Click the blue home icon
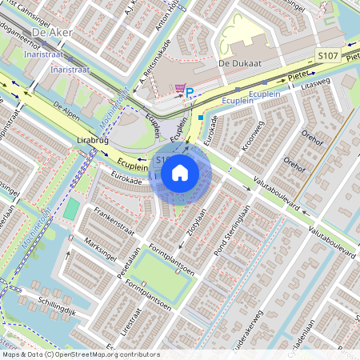[180, 173]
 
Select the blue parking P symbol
[190, 93]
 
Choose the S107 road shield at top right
[326, 56]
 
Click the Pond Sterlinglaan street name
[233, 231]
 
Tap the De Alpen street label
[67, 110]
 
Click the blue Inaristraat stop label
[44, 55]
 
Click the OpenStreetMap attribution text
[80, 354]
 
